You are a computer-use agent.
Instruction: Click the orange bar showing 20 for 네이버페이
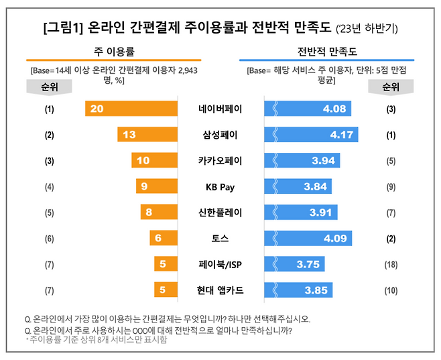click(131, 109)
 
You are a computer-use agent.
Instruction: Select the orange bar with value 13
click(147, 135)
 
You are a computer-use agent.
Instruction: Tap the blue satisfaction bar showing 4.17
click(312, 135)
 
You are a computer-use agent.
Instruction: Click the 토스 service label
click(220, 238)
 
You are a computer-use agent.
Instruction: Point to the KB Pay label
click(220, 186)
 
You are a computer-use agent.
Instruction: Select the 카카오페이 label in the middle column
click(220, 161)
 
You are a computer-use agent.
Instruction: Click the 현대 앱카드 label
click(220, 290)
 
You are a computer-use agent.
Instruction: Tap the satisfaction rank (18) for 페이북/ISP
click(391, 264)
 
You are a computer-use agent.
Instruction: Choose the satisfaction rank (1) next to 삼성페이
click(391, 135)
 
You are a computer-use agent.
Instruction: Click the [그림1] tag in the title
click(64, 28)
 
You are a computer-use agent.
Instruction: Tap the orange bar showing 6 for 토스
click(163, 238)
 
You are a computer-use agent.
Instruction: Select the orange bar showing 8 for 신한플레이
click(158, 213)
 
